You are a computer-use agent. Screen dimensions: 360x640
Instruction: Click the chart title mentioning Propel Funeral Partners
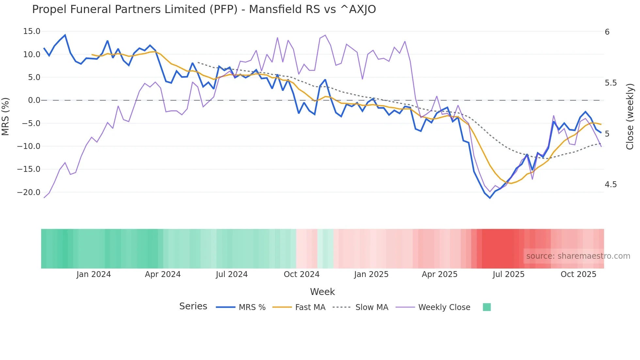click(204, 9)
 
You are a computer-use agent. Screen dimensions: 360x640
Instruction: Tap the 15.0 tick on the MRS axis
click(32, 31)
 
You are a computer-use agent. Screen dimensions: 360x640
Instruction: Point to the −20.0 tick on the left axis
click(29, 192)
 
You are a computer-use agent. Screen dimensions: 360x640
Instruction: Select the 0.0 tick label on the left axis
click(34, 100)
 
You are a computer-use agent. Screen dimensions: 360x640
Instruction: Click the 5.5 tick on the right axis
click(611, 83)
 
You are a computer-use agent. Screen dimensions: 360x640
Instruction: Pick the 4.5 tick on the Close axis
click(611, 185)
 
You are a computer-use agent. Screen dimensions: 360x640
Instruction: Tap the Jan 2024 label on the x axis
click(94, 274)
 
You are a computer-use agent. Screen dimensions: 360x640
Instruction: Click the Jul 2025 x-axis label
click(508, 274)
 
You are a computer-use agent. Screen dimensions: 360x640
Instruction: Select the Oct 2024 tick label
click(301, 274)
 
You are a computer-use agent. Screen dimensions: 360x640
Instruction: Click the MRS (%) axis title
click(6, 116)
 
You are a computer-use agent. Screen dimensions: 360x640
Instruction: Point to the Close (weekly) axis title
click(630, 116)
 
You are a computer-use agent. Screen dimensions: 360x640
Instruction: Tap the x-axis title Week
click(322, 292)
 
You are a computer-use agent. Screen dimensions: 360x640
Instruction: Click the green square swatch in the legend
click(487, 307)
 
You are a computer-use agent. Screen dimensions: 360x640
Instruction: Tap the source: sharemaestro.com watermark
click(578, 256)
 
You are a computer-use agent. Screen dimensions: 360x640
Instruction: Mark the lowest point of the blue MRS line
click(490, 198)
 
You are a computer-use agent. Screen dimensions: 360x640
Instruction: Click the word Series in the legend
click(193, 306)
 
